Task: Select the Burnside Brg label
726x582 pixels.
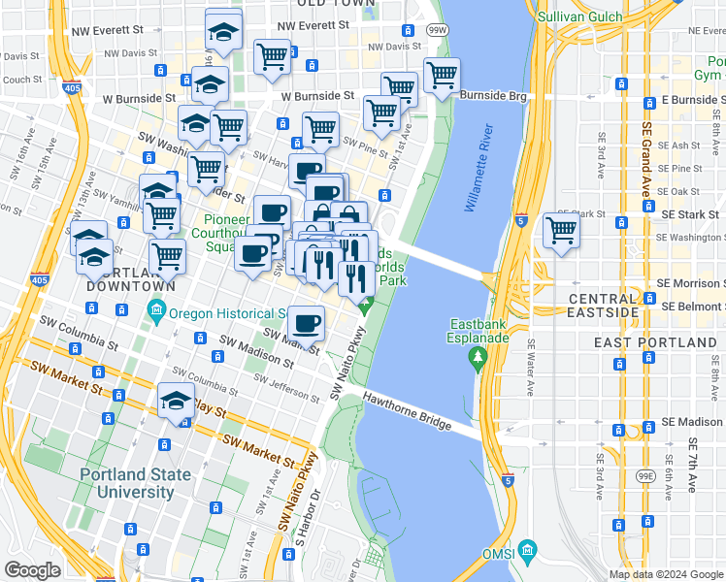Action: (x=492, y=96)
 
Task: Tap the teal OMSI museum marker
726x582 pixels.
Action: (x=527, y=551)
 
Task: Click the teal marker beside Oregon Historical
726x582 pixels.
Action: (x=155, y=312)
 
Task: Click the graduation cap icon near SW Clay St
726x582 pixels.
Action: (x=176, y=401)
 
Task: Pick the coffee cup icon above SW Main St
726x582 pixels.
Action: (x=306, y=323)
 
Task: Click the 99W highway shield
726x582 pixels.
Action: (x=439, y=31)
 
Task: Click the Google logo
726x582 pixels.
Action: (x=33, y=569)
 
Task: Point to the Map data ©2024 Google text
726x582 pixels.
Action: (x=664, y=574)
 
